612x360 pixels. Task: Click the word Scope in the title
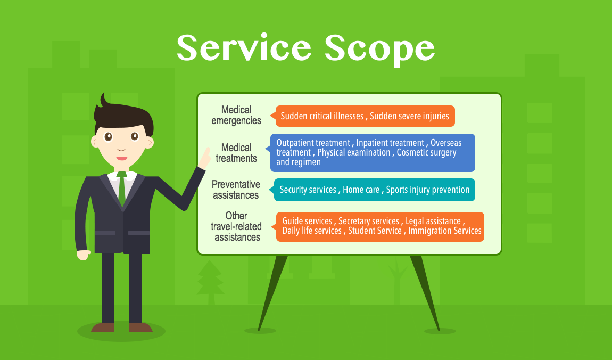(x=379, y=50)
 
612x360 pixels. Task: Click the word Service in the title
(x=244, y=47)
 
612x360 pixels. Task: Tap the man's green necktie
(x=122, y=189)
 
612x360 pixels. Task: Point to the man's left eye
(x=134, y=136)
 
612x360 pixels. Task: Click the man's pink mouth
(x=122, y=158)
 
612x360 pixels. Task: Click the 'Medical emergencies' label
(x=236, y=115)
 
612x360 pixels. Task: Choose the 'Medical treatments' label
(x=236, y=153)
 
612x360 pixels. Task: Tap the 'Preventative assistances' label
(x=236, y=190)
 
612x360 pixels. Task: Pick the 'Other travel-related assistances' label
(x=236, y=226)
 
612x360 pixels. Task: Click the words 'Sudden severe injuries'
(x=409, y=116)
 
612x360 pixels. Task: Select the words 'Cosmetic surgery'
(x=426, y=153)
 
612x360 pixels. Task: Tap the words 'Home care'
(x=361, y=190)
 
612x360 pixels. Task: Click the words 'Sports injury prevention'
(x=428, y=190)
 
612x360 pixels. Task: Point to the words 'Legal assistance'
(x=433, y=221)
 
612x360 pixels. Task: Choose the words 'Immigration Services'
(x=444, y=231)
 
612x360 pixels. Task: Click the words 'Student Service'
(x=375, y=231)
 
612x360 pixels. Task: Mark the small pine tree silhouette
(x=210, y=282)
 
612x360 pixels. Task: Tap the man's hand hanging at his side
(x=84, y=255)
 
